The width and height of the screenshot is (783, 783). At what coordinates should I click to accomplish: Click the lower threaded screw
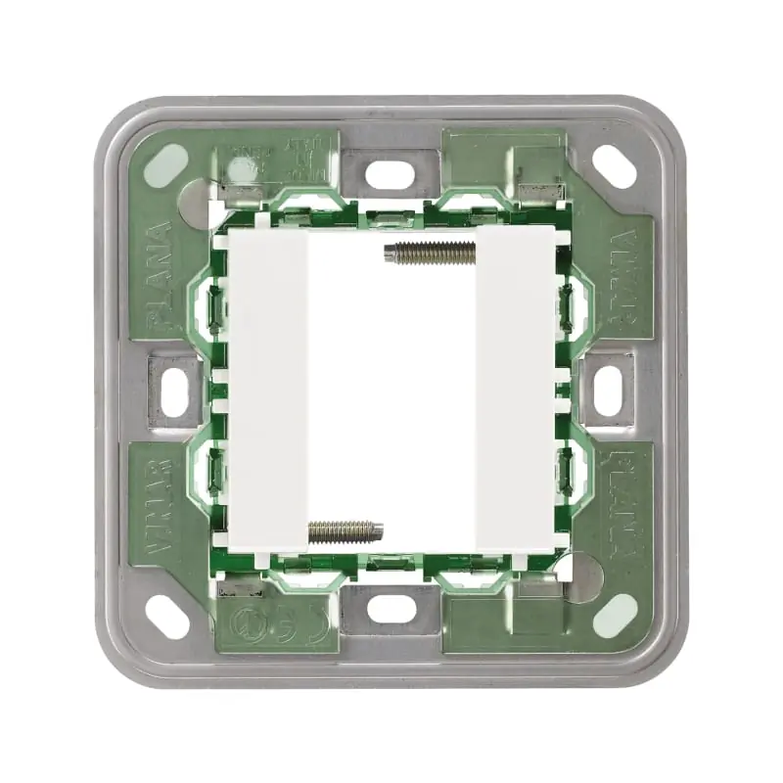point(345,531)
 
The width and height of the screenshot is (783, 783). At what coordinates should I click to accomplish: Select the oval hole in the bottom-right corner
point(615,615)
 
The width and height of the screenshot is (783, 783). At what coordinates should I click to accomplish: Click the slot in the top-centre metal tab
point(391,174)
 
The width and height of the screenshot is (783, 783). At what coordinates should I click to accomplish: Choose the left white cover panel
point(268,391)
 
